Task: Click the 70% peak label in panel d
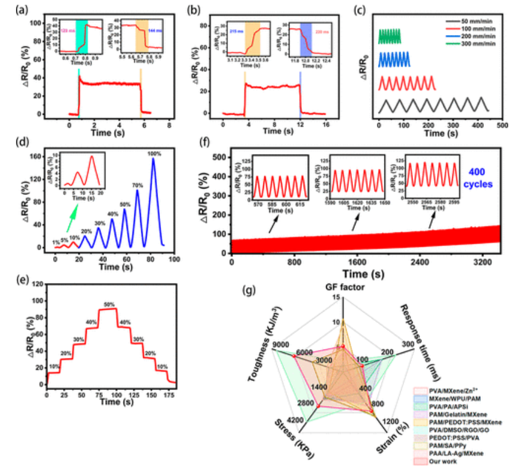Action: point(138,184)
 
